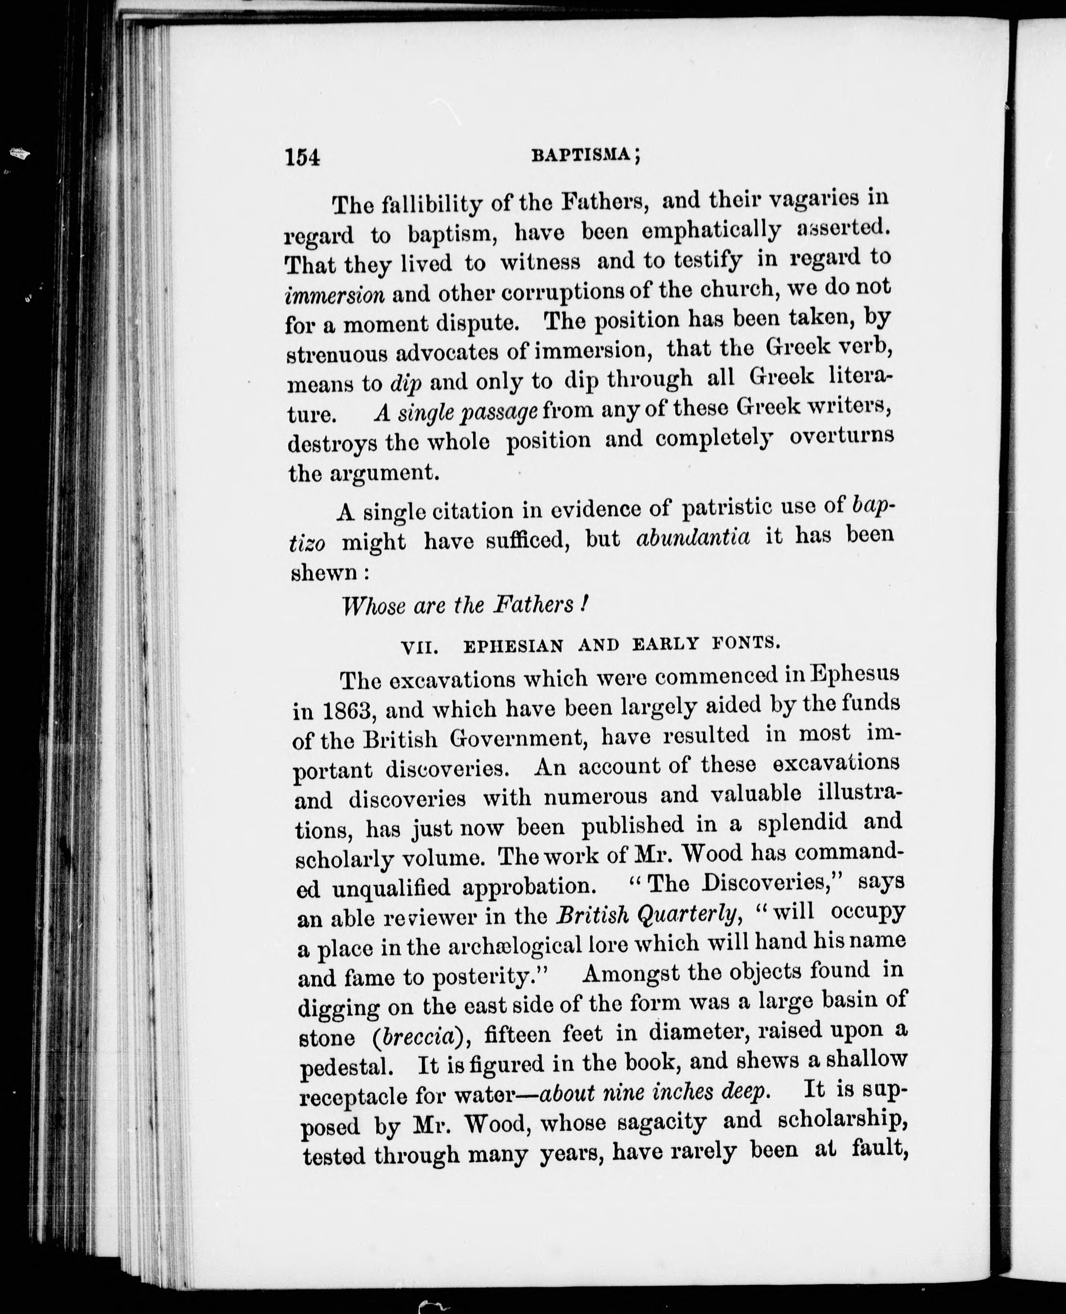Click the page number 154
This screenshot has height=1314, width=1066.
point(303,158)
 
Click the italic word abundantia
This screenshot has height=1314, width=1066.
point(693,538)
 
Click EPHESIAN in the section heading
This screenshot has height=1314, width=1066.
point(513,646)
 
